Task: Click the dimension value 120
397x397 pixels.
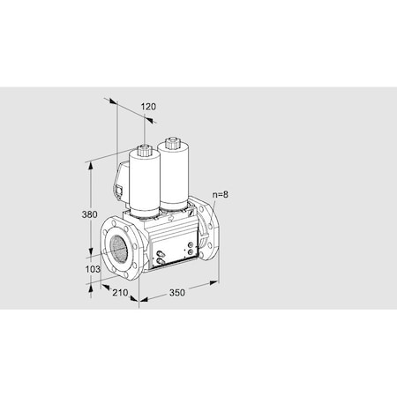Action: tap(148, 107)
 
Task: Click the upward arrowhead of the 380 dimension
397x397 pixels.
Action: tap(91, 165)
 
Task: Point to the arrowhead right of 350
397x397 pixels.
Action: tap(214, 283)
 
